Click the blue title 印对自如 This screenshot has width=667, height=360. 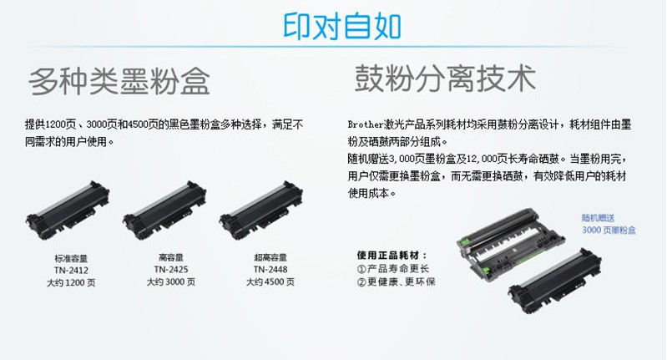(342, 27)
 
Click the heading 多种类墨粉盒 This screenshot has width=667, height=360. (119, 80)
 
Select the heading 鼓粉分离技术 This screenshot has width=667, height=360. (445, 78)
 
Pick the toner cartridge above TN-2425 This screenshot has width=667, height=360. (164, 209)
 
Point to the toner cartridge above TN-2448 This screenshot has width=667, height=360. (261, 209)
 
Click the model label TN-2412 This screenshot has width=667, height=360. (71, 271)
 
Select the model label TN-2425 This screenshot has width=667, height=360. (171, 269)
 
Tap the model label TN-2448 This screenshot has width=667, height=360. (270, 269)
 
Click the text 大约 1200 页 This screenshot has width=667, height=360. (71, 282)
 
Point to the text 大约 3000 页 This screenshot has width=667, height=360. (171, 281)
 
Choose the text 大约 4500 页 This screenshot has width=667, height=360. (270, 281)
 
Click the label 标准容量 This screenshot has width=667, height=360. (71, 258)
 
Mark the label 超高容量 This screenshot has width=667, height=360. (270, 257)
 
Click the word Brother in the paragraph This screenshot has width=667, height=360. (366, 124)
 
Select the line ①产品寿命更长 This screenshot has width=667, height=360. (393, 268)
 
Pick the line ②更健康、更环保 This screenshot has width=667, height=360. (396, 281)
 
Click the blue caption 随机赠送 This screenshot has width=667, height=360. (598, 218)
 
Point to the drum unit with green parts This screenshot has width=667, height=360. (510, 241)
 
